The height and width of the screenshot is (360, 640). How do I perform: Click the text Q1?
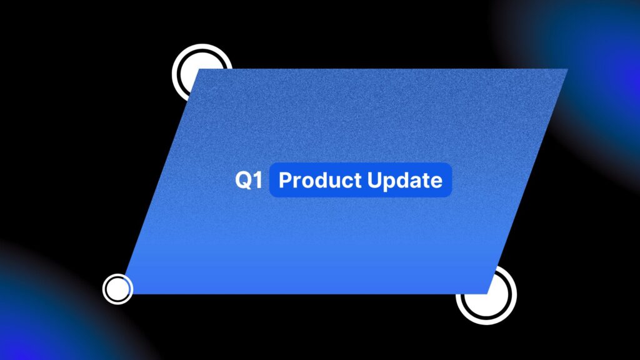[249, 180]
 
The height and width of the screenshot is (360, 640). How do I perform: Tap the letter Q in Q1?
[244, 180]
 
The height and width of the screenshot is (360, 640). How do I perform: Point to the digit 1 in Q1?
[258, 179]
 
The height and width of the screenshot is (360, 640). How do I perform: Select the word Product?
[320, 180]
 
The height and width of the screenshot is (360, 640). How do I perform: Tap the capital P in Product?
[285, 180]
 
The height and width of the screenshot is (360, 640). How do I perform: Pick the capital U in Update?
[374, 180]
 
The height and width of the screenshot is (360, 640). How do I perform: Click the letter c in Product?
[347, 182]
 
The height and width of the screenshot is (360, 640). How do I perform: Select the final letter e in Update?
[436, 182]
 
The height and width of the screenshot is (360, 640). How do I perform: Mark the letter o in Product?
[307, 182]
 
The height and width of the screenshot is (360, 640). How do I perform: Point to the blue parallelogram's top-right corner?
[567, 69]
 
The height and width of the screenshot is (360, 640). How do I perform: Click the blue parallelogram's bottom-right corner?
[487, 294]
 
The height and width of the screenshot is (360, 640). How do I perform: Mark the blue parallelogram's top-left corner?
[199, 69]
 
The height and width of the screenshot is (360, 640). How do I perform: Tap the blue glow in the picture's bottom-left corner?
[37, 318]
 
